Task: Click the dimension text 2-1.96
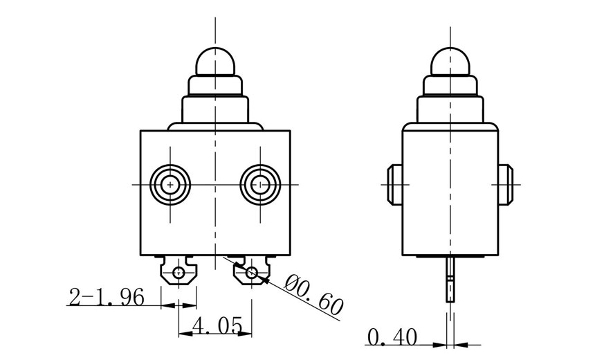click(x=106, y=297)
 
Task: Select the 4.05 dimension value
click(x=217, y=323)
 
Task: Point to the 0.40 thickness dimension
click(x=392, y=337)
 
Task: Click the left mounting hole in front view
click(x=170, y=184)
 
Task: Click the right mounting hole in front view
click(x=260, y=184)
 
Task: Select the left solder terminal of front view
click(x=179, y=272)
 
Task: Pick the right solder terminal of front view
click(x=252, y=272)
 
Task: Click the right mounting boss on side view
click(x=504, y=185)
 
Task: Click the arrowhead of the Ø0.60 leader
click(x=264, y=280)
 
